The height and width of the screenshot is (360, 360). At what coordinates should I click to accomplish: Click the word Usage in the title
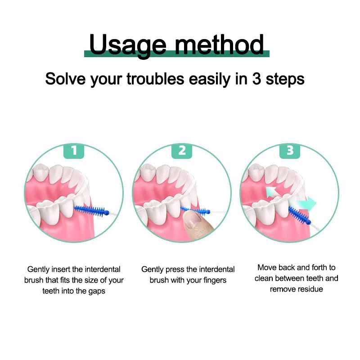128,45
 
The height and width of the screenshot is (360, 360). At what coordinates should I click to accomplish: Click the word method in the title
219,44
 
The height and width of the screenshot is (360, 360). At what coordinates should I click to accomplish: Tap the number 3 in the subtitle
256,79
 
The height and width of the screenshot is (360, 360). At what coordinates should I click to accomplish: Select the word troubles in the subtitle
155,79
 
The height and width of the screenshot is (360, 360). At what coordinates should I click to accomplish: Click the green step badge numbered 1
74,151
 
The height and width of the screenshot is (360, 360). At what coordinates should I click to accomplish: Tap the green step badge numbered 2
182,151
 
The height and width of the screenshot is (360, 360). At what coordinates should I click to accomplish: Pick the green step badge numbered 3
290,151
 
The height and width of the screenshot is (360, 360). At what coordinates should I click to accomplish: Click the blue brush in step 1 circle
92,210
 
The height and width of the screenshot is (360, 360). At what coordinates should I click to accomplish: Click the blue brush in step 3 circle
299,216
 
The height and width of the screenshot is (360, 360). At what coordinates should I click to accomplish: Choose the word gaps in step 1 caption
97,291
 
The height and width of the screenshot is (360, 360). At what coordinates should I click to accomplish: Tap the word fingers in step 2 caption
215,280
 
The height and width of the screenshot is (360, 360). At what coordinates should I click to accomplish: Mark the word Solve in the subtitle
66,79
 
